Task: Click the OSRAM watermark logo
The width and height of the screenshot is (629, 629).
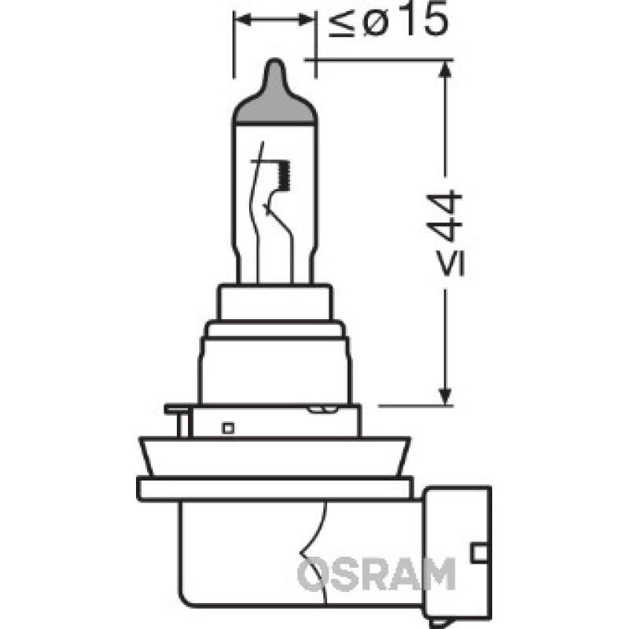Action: (x=377, y=575)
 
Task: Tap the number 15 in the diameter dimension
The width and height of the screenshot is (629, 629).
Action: (x=425, y=22)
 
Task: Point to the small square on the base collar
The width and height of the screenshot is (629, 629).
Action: (x=227, y=429)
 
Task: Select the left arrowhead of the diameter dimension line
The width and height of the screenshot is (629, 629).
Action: (x=240, y=22)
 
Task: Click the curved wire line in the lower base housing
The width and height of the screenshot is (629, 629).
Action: (x=322, y=535)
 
